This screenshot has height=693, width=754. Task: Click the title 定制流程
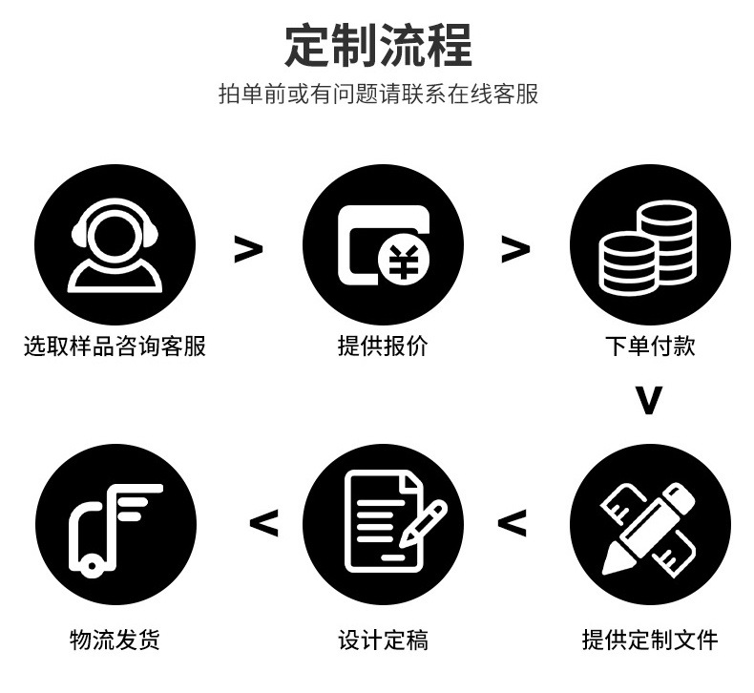point(378,44)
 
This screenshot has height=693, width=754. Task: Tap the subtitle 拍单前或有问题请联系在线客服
point(378,94)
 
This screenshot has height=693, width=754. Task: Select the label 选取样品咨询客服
point(115,346)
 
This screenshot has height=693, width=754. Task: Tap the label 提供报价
point(383,346)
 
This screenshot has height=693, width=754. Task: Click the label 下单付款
point(650,346)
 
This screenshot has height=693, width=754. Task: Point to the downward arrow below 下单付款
point(649,401)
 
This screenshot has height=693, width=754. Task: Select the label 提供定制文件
point(650,639)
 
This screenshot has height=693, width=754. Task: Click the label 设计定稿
point(383,639)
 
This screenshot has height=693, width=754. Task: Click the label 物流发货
point(115,639)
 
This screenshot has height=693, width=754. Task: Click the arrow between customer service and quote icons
point(248,249)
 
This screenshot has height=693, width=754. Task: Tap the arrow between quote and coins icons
point(515,249)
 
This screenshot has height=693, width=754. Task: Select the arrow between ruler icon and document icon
point(513,523)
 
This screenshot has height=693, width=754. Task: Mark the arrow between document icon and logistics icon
point(263,523)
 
